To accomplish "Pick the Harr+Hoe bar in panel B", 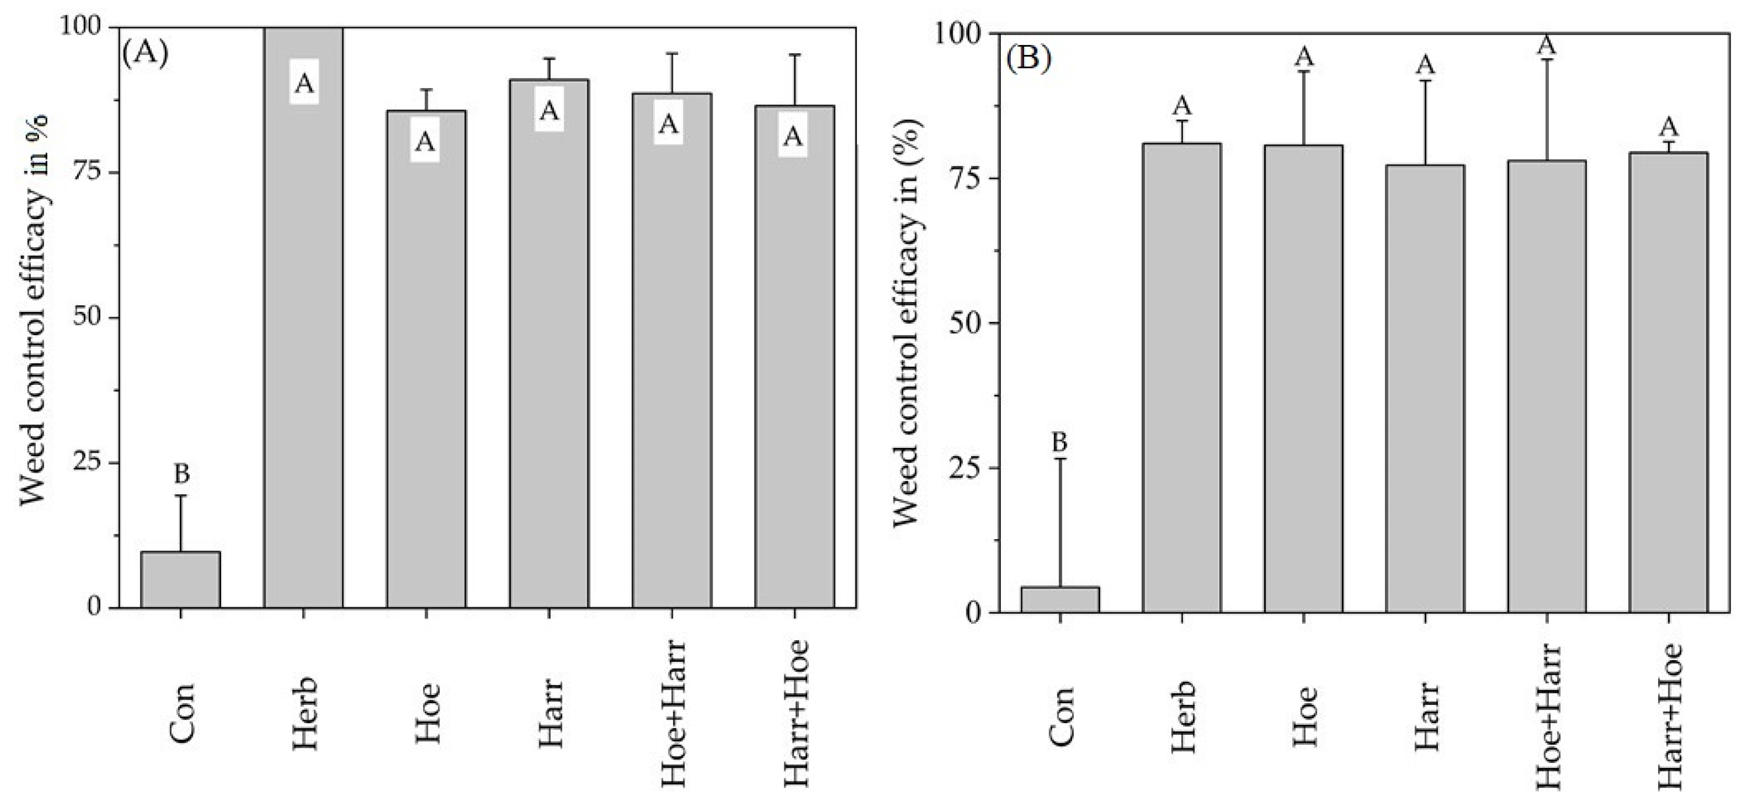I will (x=1669, y=383).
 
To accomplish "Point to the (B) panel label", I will (x=1028, y=59).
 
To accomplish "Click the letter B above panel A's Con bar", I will (x=182, y=474).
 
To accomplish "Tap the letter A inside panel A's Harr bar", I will (x=549, y=111).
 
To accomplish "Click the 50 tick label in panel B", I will (x=966, y=322).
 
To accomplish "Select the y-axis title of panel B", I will (x=905, y=322).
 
